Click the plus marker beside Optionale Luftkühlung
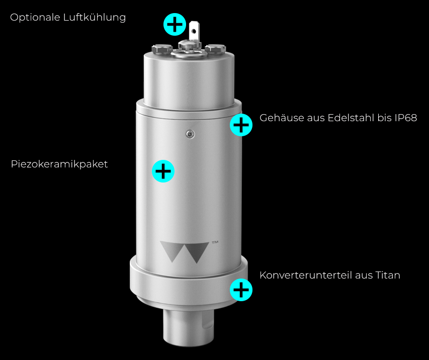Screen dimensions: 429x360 tap(175, 24)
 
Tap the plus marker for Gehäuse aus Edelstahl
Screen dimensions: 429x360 tap(241, 125)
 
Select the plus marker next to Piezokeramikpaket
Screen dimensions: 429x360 tap(163, 171)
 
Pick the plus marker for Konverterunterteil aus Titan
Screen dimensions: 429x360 tap(241, 290)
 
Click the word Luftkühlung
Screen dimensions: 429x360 tap(95, 17)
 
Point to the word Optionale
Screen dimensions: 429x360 tap(35, 18)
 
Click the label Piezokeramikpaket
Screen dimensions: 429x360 tap(59, 164)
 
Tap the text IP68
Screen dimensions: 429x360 tap(406, 118)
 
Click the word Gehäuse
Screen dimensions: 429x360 tap(282, 118)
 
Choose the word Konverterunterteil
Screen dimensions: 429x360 tap(306, 275)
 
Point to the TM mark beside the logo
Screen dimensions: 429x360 tap(215, 242)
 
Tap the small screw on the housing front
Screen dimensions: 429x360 tap(191, 134)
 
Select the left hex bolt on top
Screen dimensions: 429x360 tap(162, 49)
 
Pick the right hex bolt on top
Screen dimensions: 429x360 tap(215, 49)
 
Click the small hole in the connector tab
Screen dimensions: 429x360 tap(194, 31)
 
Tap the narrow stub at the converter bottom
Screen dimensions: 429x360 tap(189, 327)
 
